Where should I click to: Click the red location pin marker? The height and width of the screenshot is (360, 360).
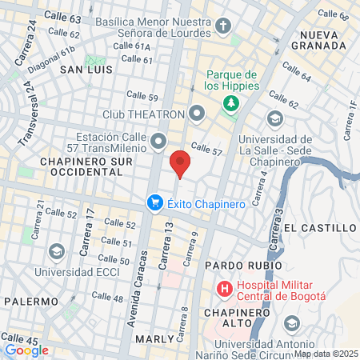[x=180, y=162]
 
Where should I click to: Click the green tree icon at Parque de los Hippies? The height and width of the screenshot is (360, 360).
[x=230, y=103]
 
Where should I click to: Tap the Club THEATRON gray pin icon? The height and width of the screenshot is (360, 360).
[x=198, y=111]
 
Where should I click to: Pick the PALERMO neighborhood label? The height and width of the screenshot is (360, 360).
[x=31, y=302]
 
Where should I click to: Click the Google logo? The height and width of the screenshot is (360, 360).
[x=26, y=350]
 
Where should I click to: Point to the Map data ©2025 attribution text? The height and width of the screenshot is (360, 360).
[x=326, y=354]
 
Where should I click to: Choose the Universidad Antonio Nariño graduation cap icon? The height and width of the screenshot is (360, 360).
[x=291, y=322]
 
